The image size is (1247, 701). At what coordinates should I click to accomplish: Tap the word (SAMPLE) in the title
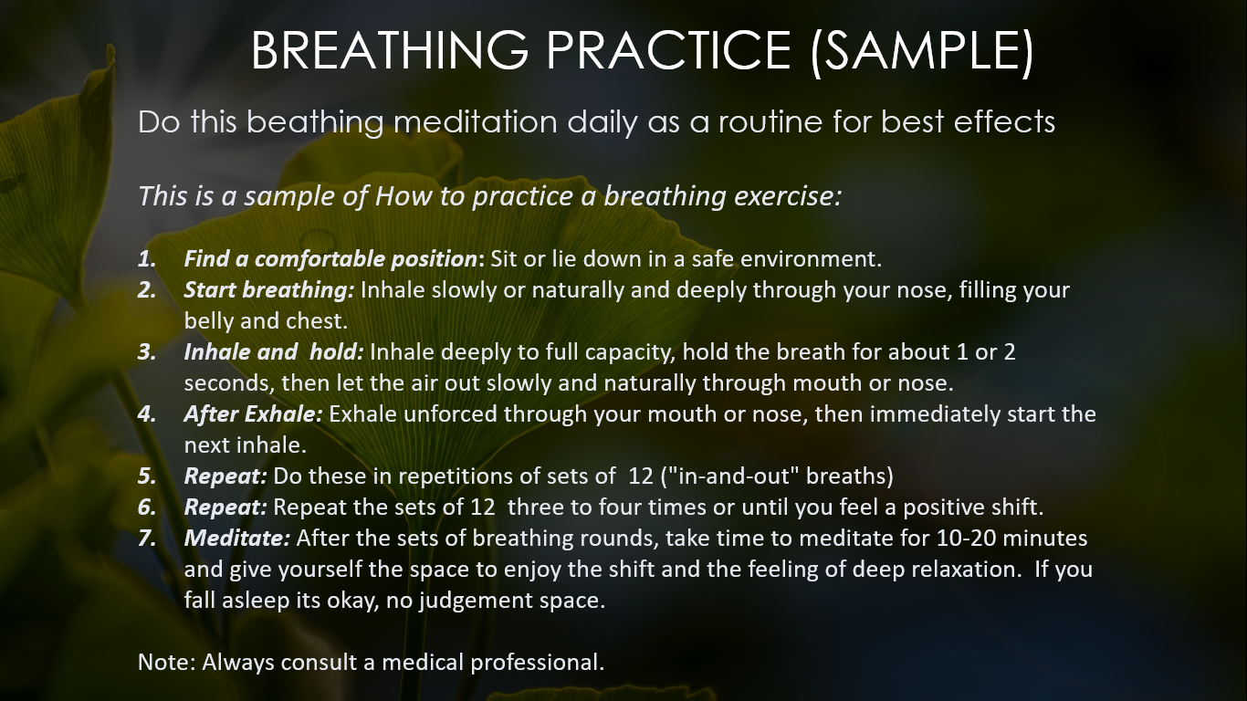pyautogui.click(x=922, y=51)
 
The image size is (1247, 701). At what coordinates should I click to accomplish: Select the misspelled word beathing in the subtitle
pyautogui.click(x=315, y=122)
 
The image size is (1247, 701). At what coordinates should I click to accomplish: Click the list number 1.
pyautogui.click(x=147, y=259)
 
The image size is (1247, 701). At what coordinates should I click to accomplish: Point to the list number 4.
pyautogui.click(x=147, y=414)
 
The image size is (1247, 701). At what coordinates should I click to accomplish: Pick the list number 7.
pyautogui.click(x=147, y=539)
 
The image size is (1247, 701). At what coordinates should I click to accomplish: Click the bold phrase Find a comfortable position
pyautogui.click(x=330, y=259)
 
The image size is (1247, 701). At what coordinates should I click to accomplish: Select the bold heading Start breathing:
pyautogui.click(x=269, y=290)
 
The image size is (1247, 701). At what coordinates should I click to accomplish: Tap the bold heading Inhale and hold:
pyautogui.click(x=273, y=352)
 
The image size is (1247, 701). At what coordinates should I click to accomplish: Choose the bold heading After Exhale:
pyautogui.click(x=253, y=414)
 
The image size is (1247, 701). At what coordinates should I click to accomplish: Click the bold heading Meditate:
pyautogui.click(x=237, y=539)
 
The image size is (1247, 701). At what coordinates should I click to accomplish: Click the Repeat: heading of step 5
pyautogui.click(x=225, y=476)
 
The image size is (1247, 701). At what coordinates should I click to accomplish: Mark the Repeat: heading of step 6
pyautogui.click(x=225, y=507)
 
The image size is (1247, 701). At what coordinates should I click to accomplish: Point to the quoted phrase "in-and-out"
pyautogui.click(x=729, y=476)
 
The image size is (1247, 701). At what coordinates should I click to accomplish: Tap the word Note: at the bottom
pyautogui.click(x=167, y=663)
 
